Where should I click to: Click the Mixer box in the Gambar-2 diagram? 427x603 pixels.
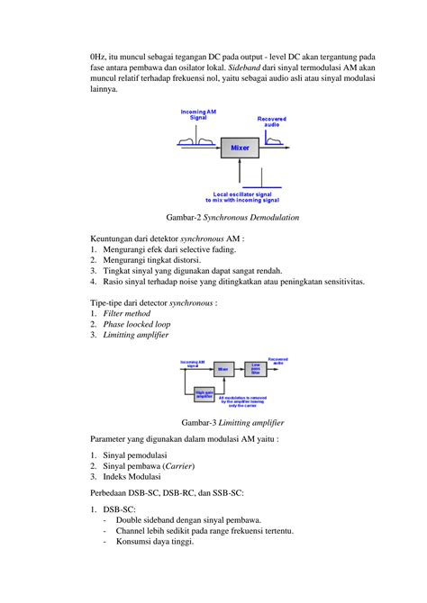[240, 147]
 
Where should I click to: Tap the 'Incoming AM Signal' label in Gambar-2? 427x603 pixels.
[198, 115]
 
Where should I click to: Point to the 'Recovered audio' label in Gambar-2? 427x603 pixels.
[272, 121]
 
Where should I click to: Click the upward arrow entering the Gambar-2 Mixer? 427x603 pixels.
[240, 174]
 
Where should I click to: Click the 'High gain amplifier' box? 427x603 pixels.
[205, 393]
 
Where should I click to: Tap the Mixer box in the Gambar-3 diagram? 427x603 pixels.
[223, 368]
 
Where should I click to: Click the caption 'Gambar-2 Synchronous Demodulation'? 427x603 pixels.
[232, 218]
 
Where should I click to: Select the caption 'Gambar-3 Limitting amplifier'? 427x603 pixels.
[232, 421]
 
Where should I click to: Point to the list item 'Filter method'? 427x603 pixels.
[129, 313]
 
